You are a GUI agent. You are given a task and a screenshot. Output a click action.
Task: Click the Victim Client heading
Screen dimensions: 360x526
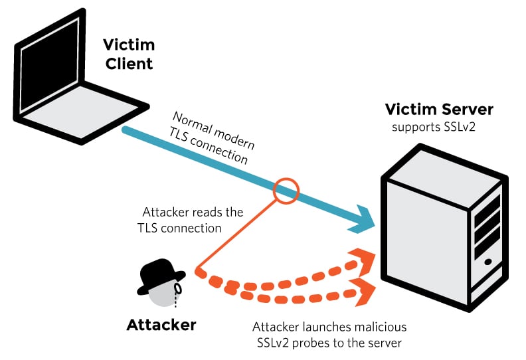pyautogui.click(x=128, y=54)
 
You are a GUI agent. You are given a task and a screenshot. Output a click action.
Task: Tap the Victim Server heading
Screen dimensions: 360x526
pyautogui.click(x=439, y=110)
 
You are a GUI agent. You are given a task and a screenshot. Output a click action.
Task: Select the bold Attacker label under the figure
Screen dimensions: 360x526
pyautogui.click(x=161, y=325)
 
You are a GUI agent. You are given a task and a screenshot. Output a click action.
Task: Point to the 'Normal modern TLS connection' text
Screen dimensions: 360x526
pyautogui.click(x=213, y=138)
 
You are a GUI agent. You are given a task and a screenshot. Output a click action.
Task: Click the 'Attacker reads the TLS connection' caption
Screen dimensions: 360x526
pyautogui.click(x=193, y=220)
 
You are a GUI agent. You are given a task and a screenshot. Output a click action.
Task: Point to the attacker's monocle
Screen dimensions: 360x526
pyautogui.click(x=177, y=290)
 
